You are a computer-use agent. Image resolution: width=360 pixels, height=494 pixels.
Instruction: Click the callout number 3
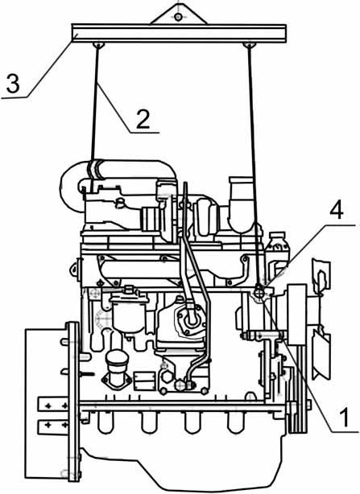click(x=13, y=83)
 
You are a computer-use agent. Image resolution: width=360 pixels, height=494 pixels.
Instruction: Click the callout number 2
click(x=143, y=119)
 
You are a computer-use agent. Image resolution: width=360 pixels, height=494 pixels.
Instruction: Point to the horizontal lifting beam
click(x=179, y=33)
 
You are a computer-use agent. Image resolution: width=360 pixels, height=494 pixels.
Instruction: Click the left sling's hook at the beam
click(x=98, y=45)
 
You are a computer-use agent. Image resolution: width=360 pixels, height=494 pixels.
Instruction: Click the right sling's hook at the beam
click(x=249, y=45)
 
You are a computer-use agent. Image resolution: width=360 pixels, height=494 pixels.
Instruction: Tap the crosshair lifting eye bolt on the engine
click(x=259, y=294)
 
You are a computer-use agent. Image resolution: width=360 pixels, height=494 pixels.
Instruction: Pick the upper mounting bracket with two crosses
click(x=53, y=405)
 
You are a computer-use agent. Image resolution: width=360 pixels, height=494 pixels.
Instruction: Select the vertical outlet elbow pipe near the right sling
click(x=242, y=204)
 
